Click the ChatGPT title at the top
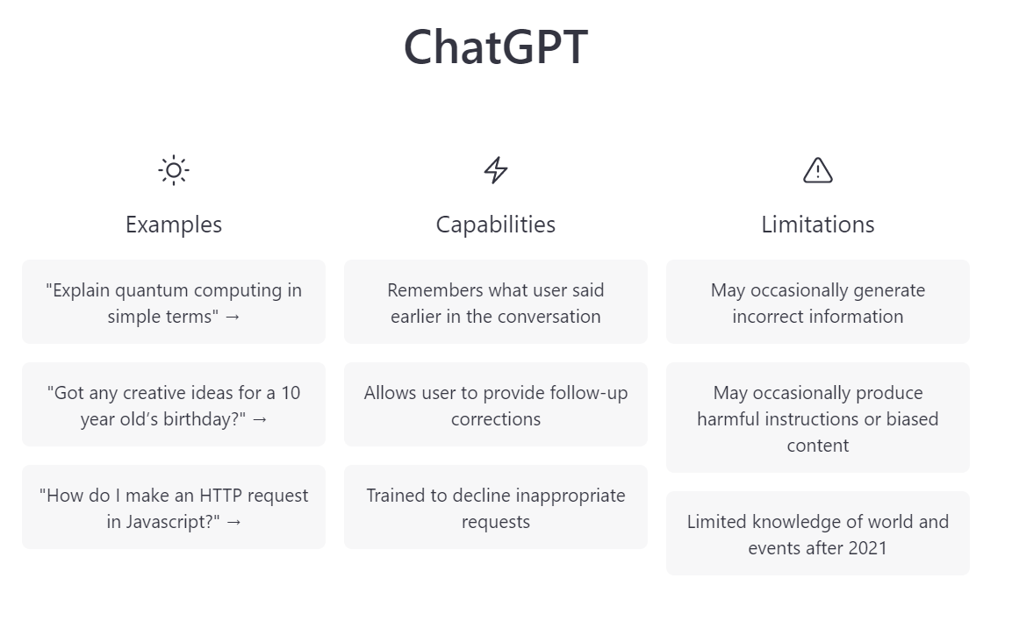pyautogui.click(x=495, y=47)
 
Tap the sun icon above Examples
pyautogui.click(x=174, y=170)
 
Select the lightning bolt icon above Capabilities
pyautogui.click(x=496, y=170)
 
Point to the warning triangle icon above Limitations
pyautogui.click(x=818, y=170)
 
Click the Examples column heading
pyautogui.click(x=174, y=225)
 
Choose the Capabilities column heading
pyautogui.click(x=496, y=225)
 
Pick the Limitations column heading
pyautogui.click(x=818, y=225)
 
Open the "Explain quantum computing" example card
pyautogui.click(x=174, y=302)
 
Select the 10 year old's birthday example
pyautogui.click(x=174, y=404)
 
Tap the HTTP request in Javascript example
pyautogui.click(x=174, y=507)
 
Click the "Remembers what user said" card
pyautogui.click(x=496, y=302)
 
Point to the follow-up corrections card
pyautogui.click(x=496, y=404)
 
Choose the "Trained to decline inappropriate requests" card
pyautogui.click(x=496, y=507)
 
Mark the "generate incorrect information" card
pyautogui.click(x=818, y=302)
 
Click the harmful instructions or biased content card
pyautogui.click(x=818, y=418)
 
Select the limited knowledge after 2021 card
pyautogui.click(x=818, y=533)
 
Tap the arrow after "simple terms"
pyautogui.click(x=232, y=317)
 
